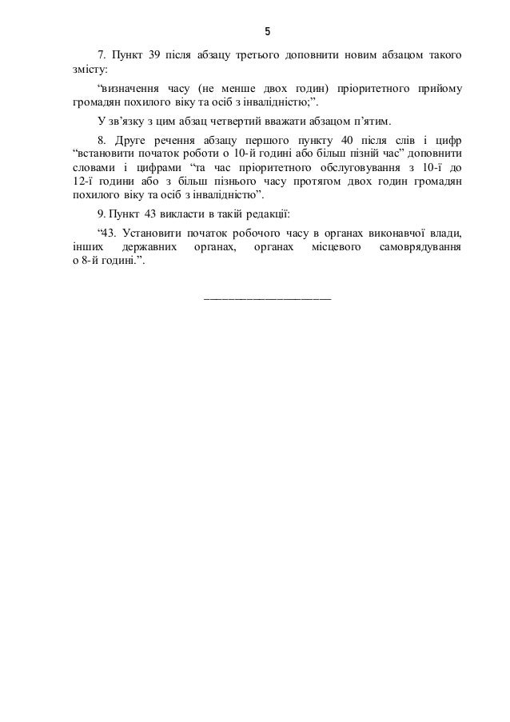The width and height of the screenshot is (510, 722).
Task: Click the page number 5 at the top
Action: pos(268,32)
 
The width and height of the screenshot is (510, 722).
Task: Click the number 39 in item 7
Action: pos(156,55)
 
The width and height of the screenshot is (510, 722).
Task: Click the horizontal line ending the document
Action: pos(268,298)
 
